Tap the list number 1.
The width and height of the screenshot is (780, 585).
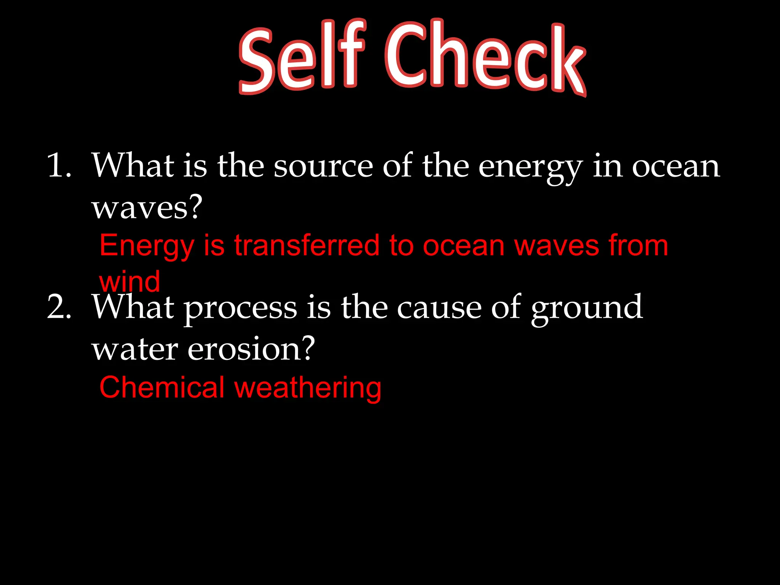[x=59, y=166]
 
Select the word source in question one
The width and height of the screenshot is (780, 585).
[x=323, y=166]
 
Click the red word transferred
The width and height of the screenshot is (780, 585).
[x=307, y=246]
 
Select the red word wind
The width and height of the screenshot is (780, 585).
[x=129, y=282]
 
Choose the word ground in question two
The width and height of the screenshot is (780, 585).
[x=587, y=308]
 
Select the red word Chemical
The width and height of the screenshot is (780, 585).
[x=162, y=387]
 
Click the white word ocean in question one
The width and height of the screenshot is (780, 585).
[x=676, y=166]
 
